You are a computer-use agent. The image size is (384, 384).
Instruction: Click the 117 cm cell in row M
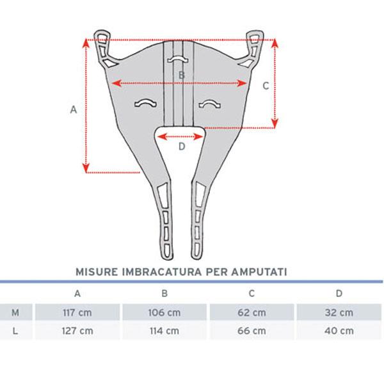pos(77,312)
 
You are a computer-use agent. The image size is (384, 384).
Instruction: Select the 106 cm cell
pos(164,312)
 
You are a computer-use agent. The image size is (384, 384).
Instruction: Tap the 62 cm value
pos(252,312)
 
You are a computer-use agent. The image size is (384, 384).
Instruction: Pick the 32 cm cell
pos(339,312)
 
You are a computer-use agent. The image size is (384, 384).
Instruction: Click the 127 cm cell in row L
pos(77,331)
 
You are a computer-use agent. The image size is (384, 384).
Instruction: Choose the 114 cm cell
pos(164,331)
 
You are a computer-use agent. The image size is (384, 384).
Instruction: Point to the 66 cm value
pos(252,331)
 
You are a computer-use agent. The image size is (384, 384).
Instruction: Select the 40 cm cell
pos(339,331)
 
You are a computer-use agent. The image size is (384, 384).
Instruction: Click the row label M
pos(15,312)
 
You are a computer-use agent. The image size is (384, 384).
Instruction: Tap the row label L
pos(15,331)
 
